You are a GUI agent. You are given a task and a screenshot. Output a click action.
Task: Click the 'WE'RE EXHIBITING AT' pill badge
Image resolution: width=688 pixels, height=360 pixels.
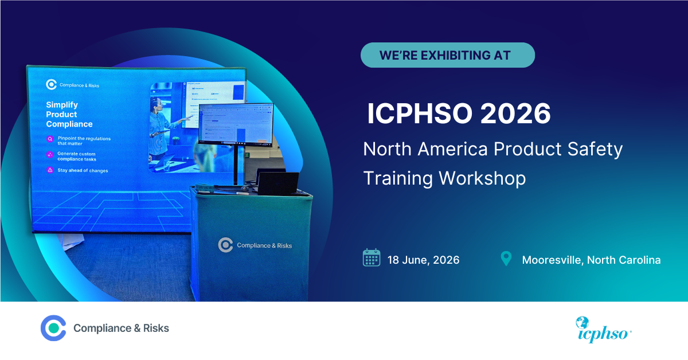[447, 55]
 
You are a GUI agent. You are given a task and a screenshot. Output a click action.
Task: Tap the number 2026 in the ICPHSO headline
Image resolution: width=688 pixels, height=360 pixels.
[515, 114]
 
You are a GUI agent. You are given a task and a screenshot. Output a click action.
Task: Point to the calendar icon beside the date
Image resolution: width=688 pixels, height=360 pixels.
[372, 258]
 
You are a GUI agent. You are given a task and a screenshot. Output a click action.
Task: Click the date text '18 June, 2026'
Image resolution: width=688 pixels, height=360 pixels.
[423, 260]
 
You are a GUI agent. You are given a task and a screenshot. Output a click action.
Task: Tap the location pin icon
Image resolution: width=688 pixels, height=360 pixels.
[506, 259]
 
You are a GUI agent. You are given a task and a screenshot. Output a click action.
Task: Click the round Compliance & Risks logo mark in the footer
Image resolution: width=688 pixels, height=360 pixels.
[53, 328]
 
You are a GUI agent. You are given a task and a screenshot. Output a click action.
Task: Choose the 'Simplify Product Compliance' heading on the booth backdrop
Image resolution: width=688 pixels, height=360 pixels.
[69, 115]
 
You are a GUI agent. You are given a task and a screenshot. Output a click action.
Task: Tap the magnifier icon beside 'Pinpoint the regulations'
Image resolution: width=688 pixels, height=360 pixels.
[50, 139]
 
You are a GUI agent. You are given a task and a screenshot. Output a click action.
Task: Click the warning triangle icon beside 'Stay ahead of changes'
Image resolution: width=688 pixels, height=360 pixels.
[50, 170]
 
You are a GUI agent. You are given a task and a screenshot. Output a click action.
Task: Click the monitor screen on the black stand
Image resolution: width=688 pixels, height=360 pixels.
[236, 124]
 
